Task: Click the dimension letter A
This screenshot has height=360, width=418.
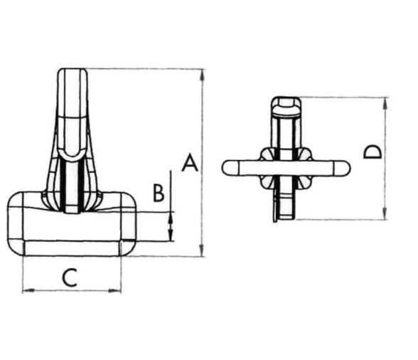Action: click(x=188, y=163)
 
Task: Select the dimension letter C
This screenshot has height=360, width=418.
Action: click(x=69, y=277)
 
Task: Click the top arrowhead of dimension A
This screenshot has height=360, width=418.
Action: click(x=203, y=73)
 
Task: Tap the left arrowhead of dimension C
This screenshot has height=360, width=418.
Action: click(x=27, y=290)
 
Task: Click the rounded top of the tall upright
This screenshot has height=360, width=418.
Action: click(x=72, y=71)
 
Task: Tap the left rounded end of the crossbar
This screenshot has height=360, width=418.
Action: click(x=227, y=167)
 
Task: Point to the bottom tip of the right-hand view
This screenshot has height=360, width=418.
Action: click(x=284, y=218)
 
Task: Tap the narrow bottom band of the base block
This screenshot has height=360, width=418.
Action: click(x=72, y=248)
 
